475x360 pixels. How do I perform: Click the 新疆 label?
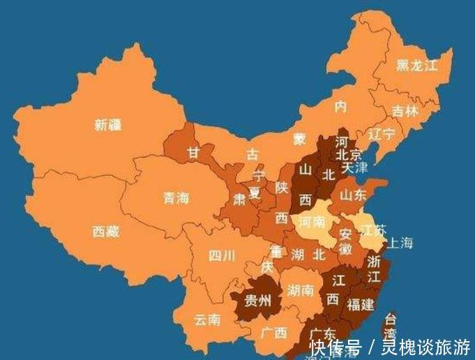pyautogui.click(x=108, y=126)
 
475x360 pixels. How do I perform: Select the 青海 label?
pyautogui.click(x=176, y=198)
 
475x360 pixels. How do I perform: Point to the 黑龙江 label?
pyautogui.click(x=417, y=66)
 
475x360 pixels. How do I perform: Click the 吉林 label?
pyautogui.click(x=405, y=111)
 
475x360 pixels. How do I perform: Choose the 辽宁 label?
pyautogui.click(x=381, y=133)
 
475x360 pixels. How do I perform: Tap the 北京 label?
pyautogui.click(x=349, y=154)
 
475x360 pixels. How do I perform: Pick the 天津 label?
pyautogui.click(x=354, y=167)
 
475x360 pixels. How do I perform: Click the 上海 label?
pyautogui.click(x=400, y=243)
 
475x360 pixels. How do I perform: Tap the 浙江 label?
pyautogui.click(x=374, y=269)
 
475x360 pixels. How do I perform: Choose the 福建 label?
pyautogui.click(x=360, y=304)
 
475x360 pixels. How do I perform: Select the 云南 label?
pyautogui.click(x=207, y=320)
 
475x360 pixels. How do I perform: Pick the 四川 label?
pyautogui.click(x=222, y=255)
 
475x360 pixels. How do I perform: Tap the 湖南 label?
pyautogui.click(x=299, y=290)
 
